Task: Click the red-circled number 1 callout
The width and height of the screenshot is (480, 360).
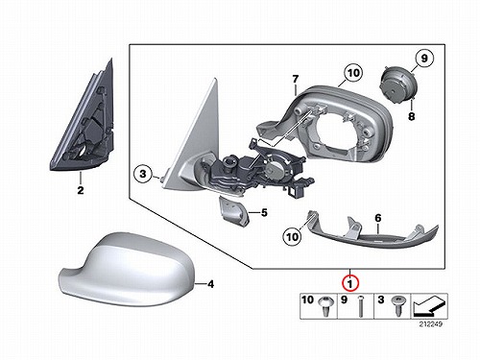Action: click(x=350, y=283)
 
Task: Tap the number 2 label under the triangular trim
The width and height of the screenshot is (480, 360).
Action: click(x=81, y=190)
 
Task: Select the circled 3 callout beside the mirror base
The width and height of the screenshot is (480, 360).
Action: click(x=143, y=174)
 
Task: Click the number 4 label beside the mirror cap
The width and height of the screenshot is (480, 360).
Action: click(x=210, y=284)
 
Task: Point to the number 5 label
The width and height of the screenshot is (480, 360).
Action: click(x=264, y=212)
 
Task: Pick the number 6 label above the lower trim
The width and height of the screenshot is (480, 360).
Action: click(x=378, y=218)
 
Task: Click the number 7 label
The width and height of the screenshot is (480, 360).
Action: click(x=295, y=79)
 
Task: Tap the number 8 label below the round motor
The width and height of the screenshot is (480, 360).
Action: click(x=411, y=116)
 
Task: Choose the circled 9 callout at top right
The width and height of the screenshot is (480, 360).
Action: click(x=424, y=59)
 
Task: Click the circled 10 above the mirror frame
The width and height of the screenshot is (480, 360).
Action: click(x=353, y=73)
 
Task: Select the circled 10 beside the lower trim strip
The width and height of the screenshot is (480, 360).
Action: click(x=292, y=237)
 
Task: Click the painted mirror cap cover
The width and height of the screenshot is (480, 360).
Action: click(x=128, y=269)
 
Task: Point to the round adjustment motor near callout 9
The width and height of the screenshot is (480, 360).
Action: click(x=397, y=84)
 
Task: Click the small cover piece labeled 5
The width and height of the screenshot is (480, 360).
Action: click(x=234, y=211)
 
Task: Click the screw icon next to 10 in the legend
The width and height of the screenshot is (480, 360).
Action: click(x=326, y=305)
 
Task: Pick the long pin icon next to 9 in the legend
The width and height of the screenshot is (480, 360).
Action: click(x=360, y=306)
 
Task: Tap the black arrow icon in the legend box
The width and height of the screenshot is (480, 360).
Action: click(x=429, y=306)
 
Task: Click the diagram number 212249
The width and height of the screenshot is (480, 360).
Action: click(x=431, y=324)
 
